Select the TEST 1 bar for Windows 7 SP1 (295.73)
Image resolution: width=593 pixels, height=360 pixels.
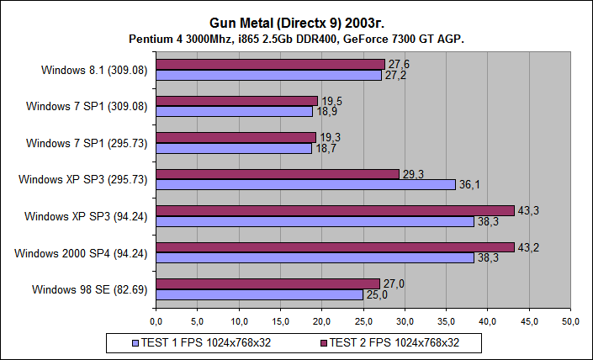coord(234,148)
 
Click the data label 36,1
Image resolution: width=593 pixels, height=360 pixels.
coord(469,184)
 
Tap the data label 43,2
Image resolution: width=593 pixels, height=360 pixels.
coord(528,247)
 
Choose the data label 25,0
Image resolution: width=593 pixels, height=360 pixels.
coord(377,294)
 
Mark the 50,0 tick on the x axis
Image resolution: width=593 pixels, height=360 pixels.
coord(571,321)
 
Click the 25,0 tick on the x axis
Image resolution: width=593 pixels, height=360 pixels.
coord(363,321)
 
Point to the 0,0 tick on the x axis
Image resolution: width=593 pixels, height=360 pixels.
coord(156,321)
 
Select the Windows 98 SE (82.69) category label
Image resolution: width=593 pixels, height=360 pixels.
coord(90,289)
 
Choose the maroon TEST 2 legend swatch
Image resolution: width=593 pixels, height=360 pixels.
coord(323,342)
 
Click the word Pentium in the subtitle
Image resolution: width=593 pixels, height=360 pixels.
coord(151,40)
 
